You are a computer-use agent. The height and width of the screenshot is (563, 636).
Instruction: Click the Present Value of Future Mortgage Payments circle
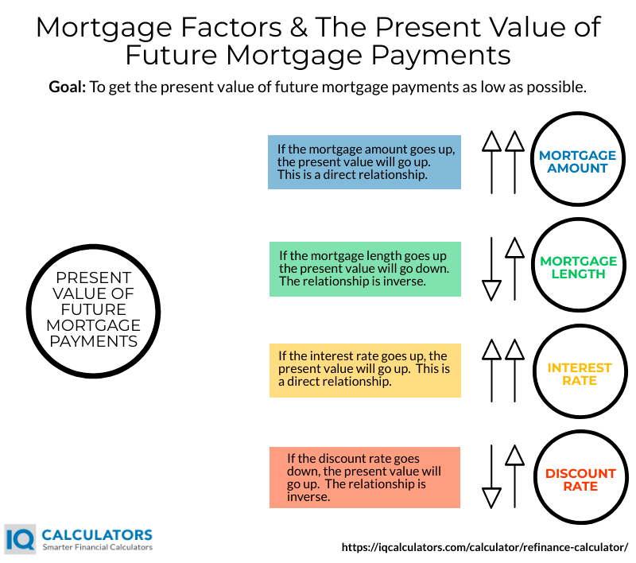pos(93,309)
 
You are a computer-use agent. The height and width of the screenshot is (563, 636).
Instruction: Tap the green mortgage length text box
pos(365,269)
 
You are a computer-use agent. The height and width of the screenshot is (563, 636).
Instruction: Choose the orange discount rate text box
pos(365,478)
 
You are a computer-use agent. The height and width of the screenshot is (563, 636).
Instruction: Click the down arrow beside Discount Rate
pos(492,477)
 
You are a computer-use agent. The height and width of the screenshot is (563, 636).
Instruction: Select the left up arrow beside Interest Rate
pos(492,374)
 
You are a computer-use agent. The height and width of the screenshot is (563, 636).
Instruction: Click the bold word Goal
pos(68,87)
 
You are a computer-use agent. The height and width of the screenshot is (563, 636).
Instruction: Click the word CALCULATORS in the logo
pos(96,534)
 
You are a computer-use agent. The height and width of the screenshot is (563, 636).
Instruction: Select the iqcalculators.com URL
pos(485,547)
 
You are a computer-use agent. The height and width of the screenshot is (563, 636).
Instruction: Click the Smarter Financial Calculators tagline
pos(97,548)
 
